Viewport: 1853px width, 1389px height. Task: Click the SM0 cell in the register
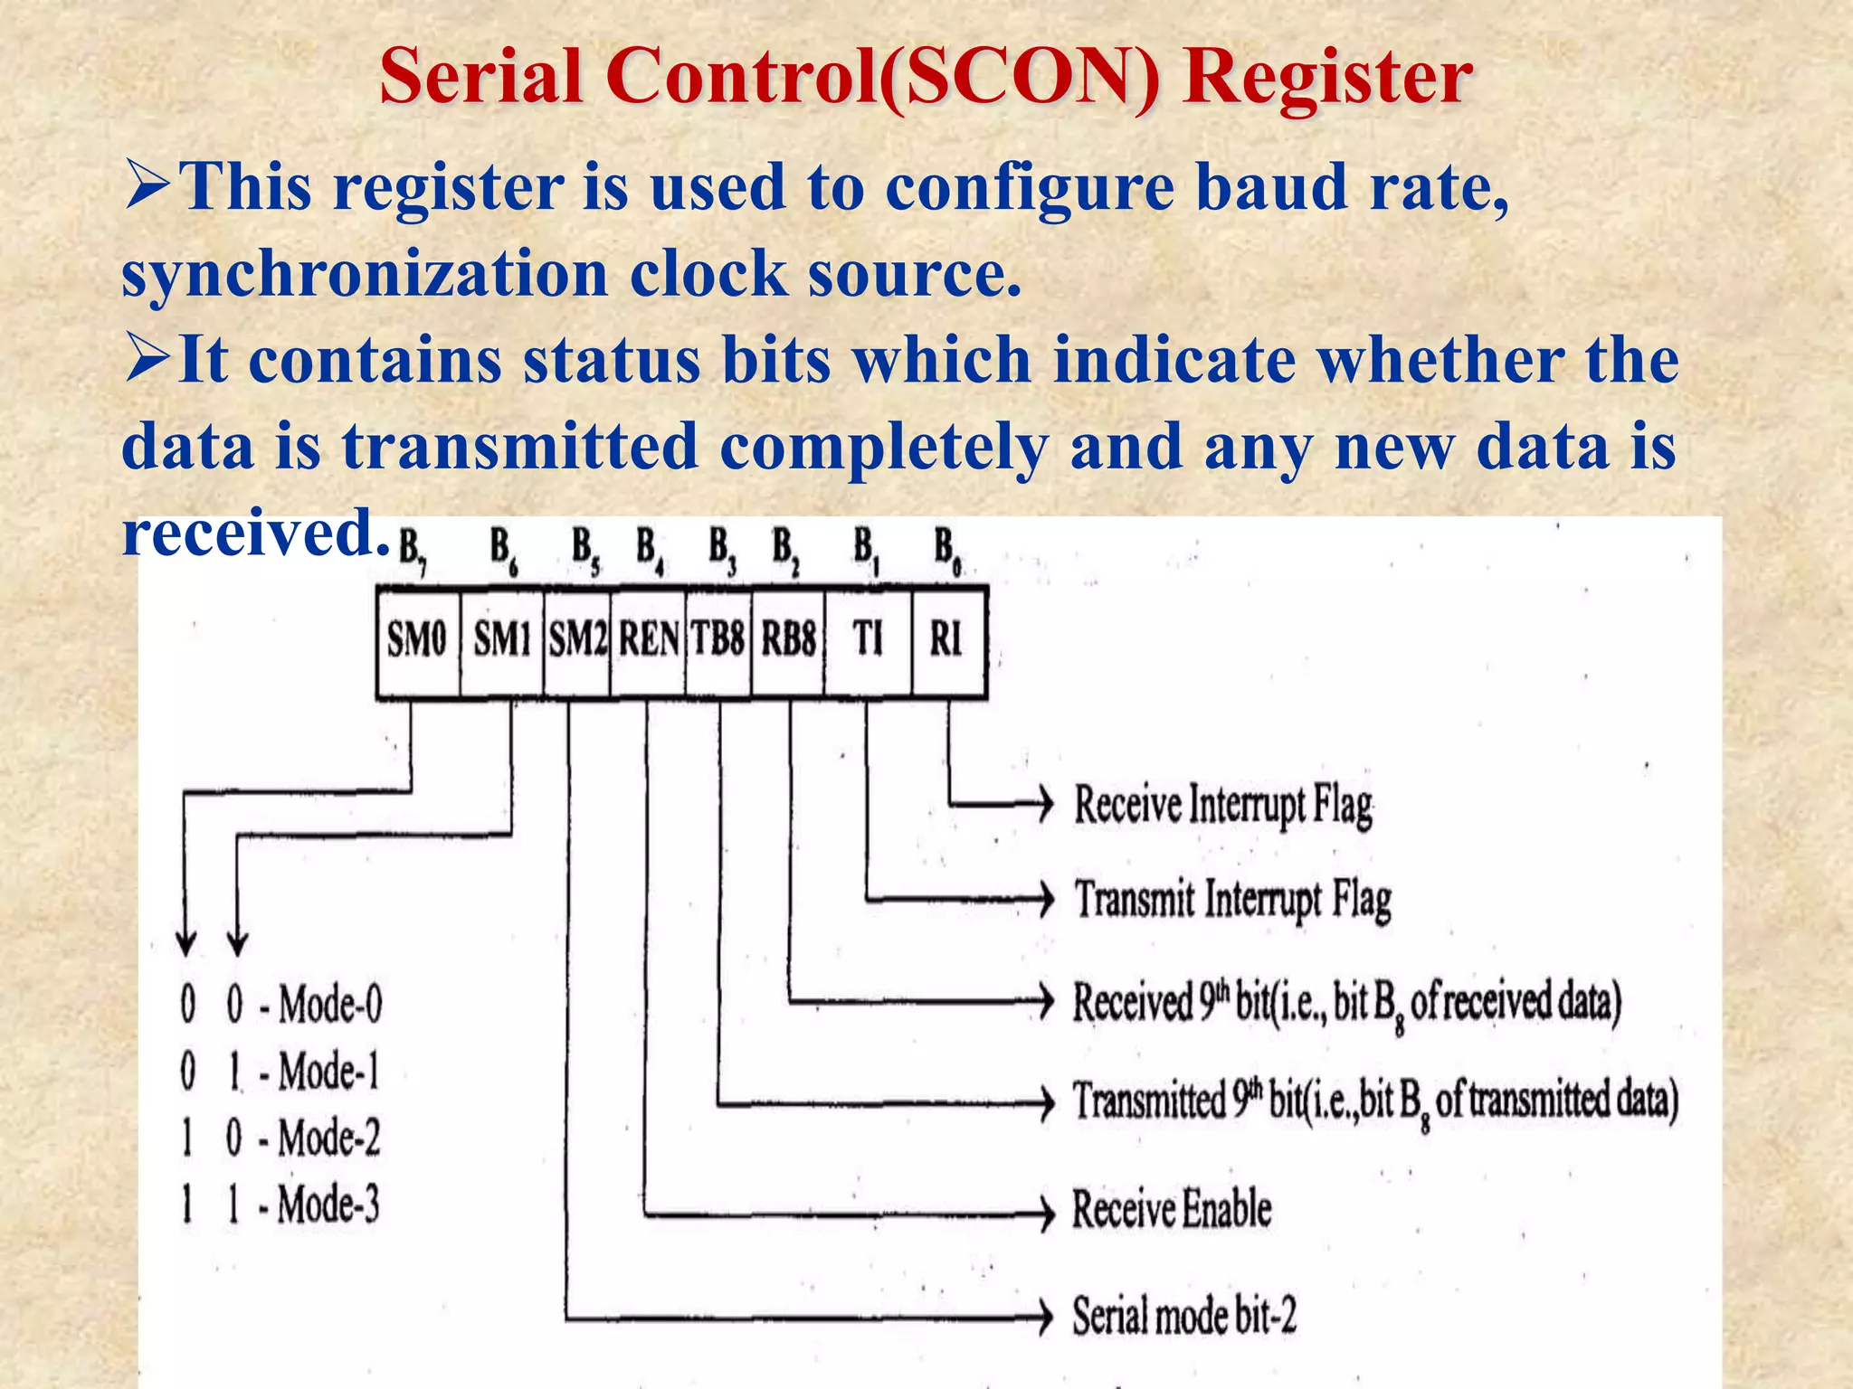click(x=417, y=640)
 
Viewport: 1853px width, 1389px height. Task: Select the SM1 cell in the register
click(x=502, y=640)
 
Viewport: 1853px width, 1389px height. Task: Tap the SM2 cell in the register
click(x=577, y=640)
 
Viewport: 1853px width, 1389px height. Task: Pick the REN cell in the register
click(x=648, y=640)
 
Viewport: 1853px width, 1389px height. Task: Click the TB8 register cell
click(x=718, y=640)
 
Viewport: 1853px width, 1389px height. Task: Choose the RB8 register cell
click(x=788, y=640)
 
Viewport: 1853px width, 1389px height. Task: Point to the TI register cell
click(x=868, y=640)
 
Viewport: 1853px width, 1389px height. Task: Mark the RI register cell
click(x=946, y=640)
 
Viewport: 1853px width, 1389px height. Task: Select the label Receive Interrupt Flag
click(x=1222, y=804)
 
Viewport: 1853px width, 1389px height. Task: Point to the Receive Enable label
click(x=1172, y=1210)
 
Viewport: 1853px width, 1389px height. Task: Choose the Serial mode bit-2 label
click(x=1184, y=1316)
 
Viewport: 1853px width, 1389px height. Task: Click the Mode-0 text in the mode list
click(x=330, y=1005)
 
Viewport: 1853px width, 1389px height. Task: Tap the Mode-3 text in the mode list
click(x=328, y=1205)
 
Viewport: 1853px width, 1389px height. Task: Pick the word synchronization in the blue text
click(x=365, y=273)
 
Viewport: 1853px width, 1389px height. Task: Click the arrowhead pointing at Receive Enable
click(x=1046, y=1212)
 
